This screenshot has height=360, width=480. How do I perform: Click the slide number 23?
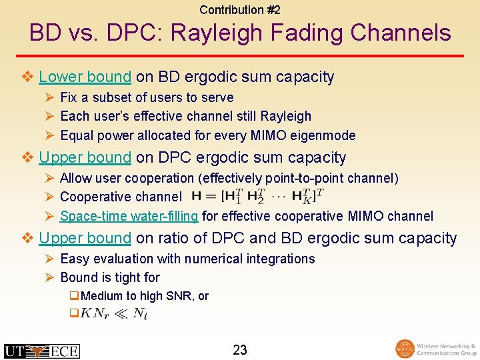pos(240,349)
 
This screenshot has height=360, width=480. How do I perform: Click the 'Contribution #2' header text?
pos(240,10)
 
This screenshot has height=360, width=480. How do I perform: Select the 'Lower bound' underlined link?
pos(85,77)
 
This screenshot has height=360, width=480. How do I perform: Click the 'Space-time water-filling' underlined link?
pos(129,216)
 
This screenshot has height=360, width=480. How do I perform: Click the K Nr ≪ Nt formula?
pos(114,313)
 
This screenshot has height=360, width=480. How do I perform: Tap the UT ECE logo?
pos(41,351)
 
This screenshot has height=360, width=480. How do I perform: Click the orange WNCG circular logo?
pos(405,349)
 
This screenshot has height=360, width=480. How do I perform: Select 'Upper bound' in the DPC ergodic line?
pos(85,157)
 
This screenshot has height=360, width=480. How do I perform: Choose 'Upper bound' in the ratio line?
pos(85,238)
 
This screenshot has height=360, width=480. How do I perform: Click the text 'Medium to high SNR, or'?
pos(145,296)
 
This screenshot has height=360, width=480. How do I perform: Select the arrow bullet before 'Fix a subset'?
pos(49,97)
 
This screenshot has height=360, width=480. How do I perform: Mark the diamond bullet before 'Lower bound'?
pos(28,77)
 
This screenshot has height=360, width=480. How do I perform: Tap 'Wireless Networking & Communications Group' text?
pos(445,350)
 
